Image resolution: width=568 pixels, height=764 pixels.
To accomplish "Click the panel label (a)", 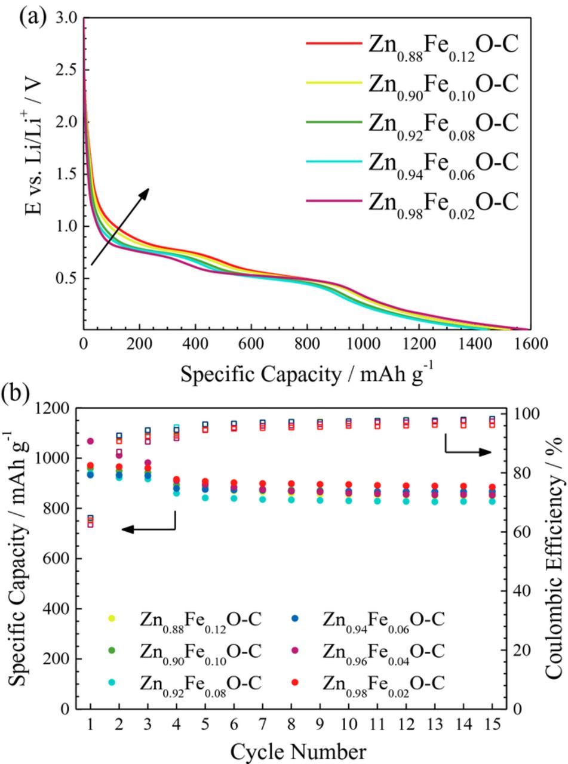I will pos(32,15).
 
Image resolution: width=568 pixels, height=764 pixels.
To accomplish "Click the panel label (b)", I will pos(15,394).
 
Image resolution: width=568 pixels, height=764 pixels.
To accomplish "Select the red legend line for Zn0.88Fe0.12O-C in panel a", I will pos(333,44).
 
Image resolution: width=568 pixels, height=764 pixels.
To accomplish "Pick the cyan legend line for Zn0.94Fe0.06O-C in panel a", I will pos(333,162).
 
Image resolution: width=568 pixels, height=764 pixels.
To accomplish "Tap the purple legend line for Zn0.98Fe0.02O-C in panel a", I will pos(333,201).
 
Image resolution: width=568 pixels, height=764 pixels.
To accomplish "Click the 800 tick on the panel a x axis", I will pos(307,344).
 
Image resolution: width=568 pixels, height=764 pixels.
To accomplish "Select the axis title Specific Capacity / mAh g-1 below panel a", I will pos(306,374).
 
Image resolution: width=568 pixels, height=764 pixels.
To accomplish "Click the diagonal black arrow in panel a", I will pos(119,227).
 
